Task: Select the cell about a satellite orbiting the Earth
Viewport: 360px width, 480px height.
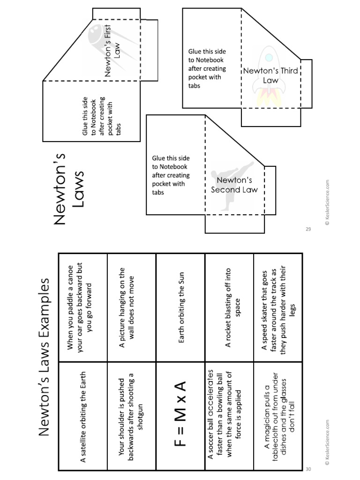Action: (83, 416)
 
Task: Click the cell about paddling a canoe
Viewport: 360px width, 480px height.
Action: (83, 307)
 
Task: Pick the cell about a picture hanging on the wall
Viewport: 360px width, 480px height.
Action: (132, 307)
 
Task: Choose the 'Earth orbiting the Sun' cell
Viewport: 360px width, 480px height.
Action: (181, 307)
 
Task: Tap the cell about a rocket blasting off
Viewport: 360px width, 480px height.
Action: (230, 307)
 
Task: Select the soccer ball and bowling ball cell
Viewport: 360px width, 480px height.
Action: (230, 416)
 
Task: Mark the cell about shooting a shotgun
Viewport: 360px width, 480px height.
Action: (132, 416)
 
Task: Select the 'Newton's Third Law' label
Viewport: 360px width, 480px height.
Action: (270, 75)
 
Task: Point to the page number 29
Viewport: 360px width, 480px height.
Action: (308, 229)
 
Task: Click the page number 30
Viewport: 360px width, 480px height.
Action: (308, 469)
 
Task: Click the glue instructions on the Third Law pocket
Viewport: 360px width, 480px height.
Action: (207, 68)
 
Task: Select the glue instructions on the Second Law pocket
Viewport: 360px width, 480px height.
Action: (171, 175)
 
